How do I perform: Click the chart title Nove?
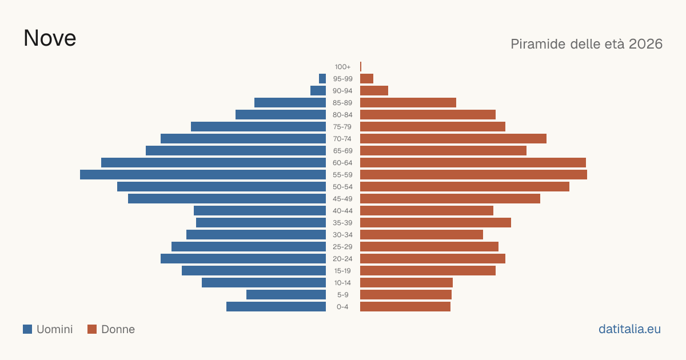click(50, 38)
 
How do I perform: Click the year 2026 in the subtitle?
click(645, 44)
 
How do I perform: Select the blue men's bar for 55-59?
click(203, 174)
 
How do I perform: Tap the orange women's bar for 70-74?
click(453, 139)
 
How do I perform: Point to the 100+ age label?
click(342, 67)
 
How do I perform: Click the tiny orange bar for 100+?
click(361, 66)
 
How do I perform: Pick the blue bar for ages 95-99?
click(322, 79)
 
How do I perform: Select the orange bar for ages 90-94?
click(374, 91)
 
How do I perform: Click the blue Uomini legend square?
click(27, 329)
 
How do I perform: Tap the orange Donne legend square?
click(92, 329)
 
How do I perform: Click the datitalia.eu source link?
click(629, 329)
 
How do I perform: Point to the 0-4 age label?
click(342, 307)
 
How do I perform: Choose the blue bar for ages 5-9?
click(286, 294)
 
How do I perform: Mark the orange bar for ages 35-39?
click(436, 222)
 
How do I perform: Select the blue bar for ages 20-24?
click(243, 259)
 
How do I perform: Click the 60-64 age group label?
click(342, 163)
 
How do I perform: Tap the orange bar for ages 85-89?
click(408, 102)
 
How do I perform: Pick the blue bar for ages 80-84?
click(281, 114)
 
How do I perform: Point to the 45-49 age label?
click(342, 199)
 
